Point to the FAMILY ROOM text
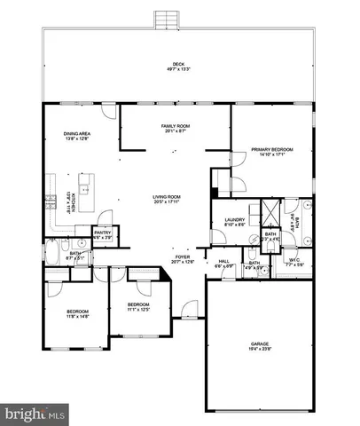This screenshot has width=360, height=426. point(176,126)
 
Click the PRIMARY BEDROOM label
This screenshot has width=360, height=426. point(272,150)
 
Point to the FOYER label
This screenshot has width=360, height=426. point(181,256)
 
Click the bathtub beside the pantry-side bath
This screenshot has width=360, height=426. point(52,260)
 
